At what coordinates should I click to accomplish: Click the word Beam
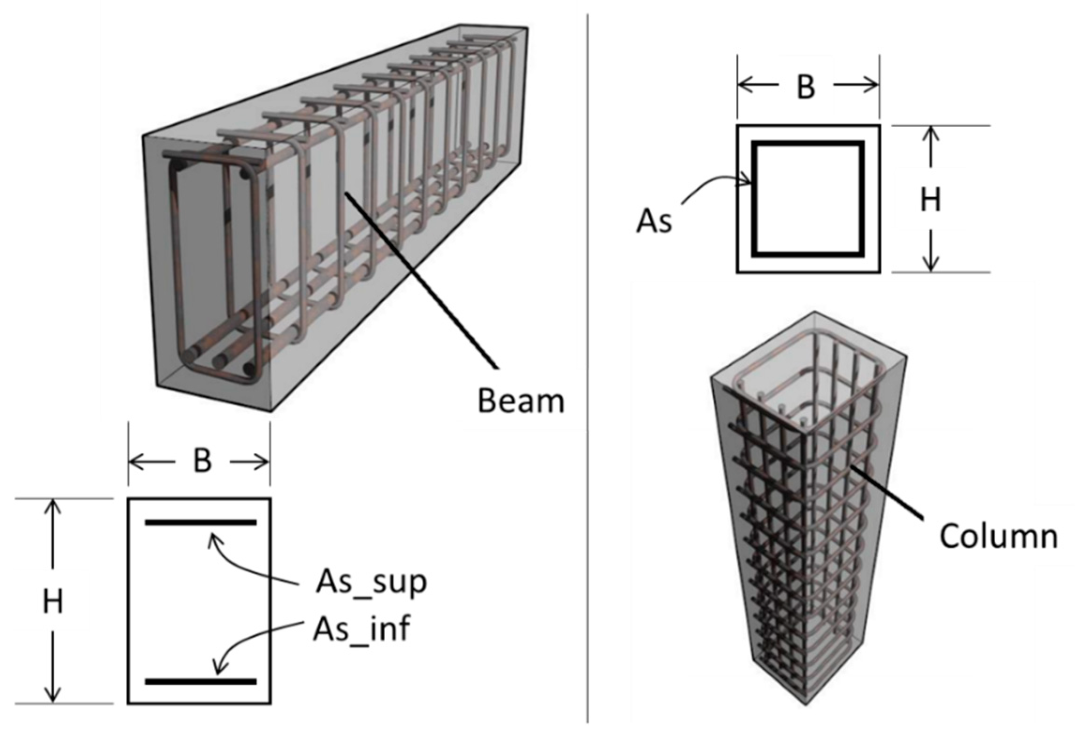[x=521, y=400]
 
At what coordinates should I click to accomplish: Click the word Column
[x=998, y=536]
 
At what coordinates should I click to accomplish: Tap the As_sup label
[x=371, y=582]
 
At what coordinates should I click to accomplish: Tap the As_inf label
[x=361, y=629]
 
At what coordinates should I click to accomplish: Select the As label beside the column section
[x=654, y=221]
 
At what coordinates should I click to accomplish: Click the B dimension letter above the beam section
[x=202, y=461]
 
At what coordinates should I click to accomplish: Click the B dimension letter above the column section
[x=806, y=86]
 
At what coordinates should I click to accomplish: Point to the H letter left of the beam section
[x=53, y=602]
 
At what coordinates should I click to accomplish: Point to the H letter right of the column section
[x=930, y=200]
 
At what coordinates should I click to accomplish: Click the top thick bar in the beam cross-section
[x=200, y=523]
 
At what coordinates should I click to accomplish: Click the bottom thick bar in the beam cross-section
[x=200, y=681]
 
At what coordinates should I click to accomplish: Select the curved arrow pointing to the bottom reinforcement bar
[x=249, y=642]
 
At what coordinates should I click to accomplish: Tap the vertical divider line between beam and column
[x=588, y=349]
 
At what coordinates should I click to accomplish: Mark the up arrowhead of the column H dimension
[x=930, y=132]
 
